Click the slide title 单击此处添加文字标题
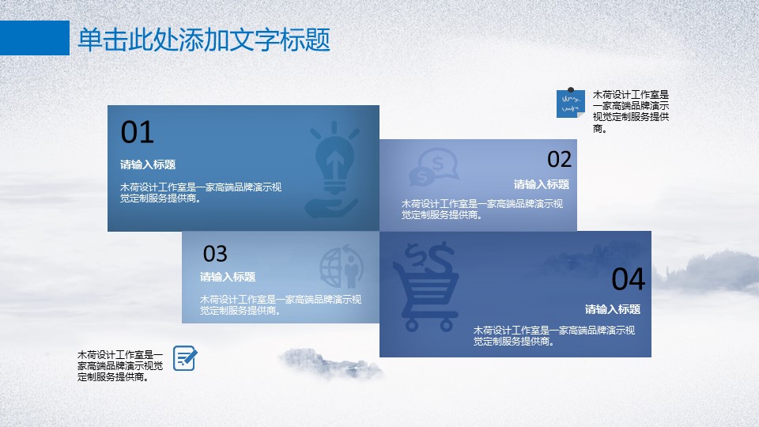coord(204,40)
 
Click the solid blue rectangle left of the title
coord(35,38)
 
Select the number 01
coord(137,132)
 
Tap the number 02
coord(559,159)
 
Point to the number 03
coord(215,254)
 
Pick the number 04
coord(629,279)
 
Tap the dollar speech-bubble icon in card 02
coord(434,167)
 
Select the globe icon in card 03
coord(342,267)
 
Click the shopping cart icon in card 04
coord(426,286)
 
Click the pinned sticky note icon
coord(571,103)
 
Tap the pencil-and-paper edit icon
coord(185,358)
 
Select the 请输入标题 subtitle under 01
coord(148,164)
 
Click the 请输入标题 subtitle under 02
coord(541,184)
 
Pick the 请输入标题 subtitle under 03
coord(228,277)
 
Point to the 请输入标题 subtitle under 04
coord(612,309)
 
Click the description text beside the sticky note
coord(631,111)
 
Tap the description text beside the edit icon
coord(120,366)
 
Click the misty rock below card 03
coord(330,363)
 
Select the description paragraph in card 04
coord(553,336)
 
